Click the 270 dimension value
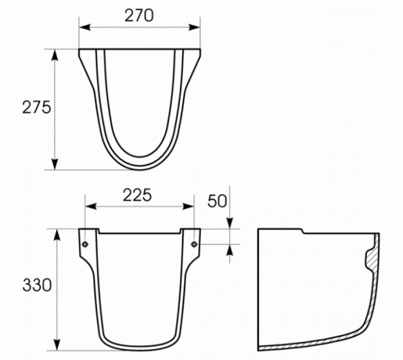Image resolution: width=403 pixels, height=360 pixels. click(x=139, y=15)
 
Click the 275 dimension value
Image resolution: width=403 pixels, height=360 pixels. click(x=37, y=107)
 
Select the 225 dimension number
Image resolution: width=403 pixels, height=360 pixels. click(x=137, y=195)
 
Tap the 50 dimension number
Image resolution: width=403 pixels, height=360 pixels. click(x=217, y=201)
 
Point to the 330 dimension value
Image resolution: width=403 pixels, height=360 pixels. click(x=37, y=285)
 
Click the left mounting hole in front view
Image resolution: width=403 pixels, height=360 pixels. click(x=85, y=244)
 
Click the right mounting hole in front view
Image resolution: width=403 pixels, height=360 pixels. click(x=194, y=244)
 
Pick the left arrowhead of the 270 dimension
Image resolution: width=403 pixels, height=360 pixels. click(x=85, y=27)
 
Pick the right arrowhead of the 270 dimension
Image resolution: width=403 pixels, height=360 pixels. click(x=194, y=27)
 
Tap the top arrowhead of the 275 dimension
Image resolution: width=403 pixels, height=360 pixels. click(x=55, y=55)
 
